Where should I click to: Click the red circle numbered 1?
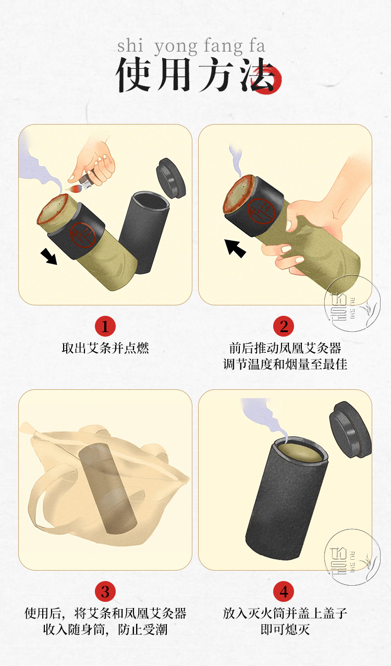tap(105, 326)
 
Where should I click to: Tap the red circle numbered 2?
tap(284, 326)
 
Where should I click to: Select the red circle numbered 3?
tap(105, 591)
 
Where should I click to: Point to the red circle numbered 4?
tap(284, 591)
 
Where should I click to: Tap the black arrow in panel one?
tap(48, 256)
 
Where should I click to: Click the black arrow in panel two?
tap(235, 248)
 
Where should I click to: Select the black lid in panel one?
tap(171, 178)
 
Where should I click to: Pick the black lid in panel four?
tap(351, 426)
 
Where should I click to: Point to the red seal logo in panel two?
tap(261, 212)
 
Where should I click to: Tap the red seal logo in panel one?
tap(83, 235)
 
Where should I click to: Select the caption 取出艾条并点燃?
tap(105, 348)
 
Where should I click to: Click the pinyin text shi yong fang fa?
tap(191, 46)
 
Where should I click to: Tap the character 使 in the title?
tap(133, 75)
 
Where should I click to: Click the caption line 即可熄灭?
tap(285, 630)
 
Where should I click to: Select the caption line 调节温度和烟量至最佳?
tap(285, 364)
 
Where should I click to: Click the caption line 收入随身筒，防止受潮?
tap(105, 630)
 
